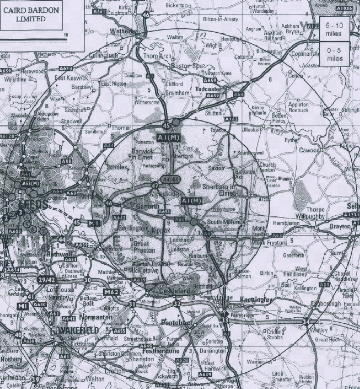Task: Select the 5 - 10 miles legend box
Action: pyautogui.click(x=334, y=29)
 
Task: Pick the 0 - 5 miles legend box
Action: pyautogui.click(x=335, y=54)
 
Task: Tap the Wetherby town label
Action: pyautogui.click(x=124, y=31)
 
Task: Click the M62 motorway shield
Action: pyautogui.click(x=112, y=292)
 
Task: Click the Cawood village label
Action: pyautogui.click(x=309, y=151)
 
